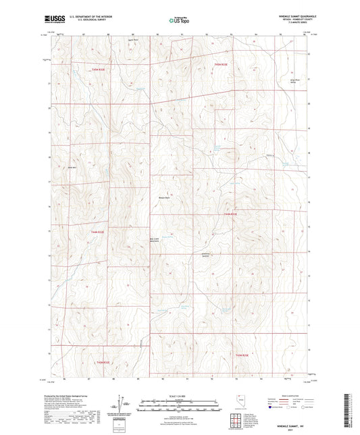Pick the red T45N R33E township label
pos(222,64)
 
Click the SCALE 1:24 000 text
pos(179,394)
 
